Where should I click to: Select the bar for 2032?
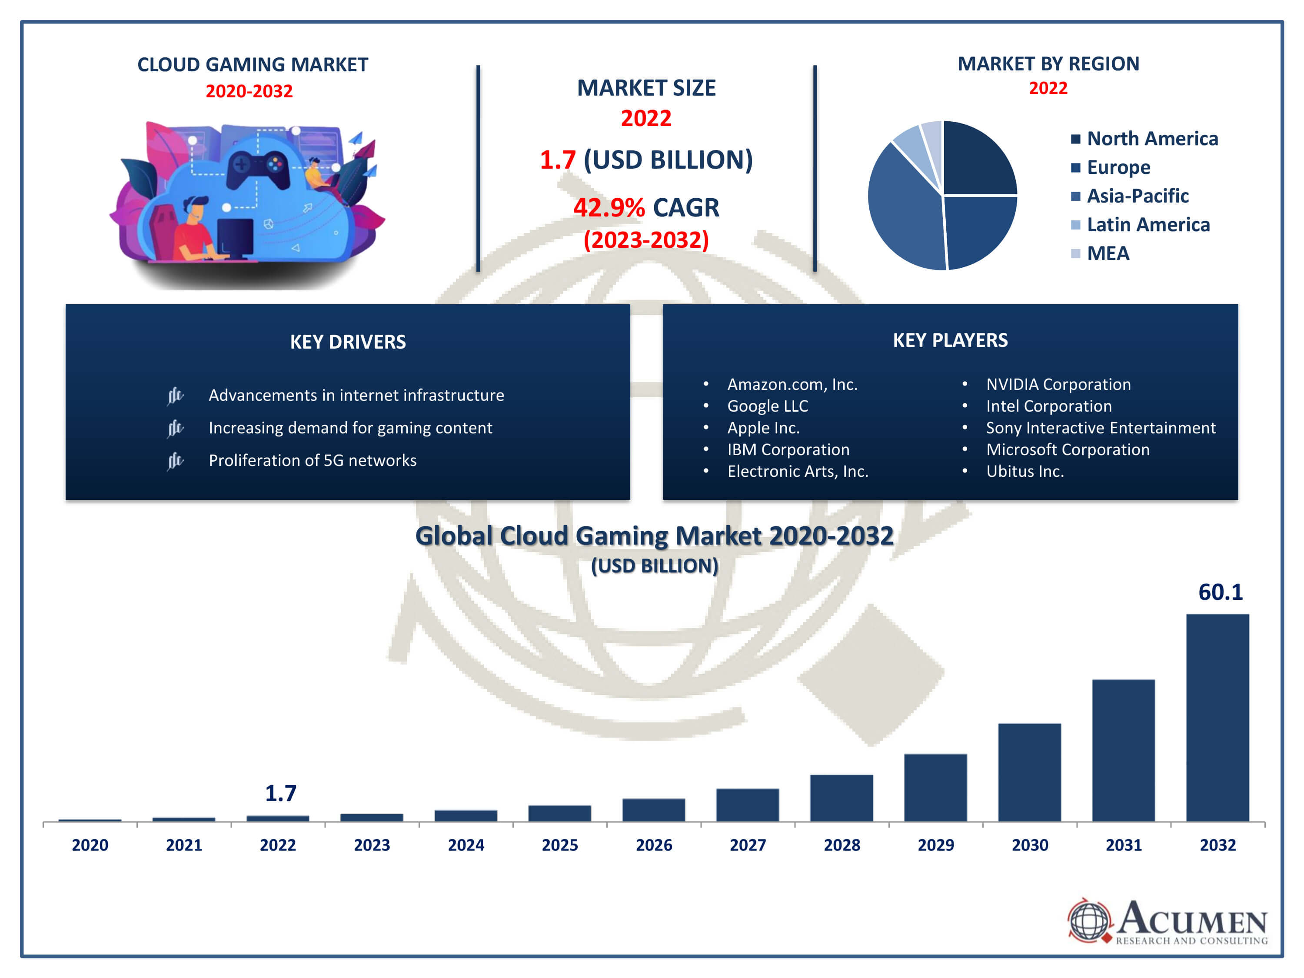click(1218, 718)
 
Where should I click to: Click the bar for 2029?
click(935, 788)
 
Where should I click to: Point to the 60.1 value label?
click(1220, 592)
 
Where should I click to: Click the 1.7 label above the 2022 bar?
click(281, 793)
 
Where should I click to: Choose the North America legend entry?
click(1152, 139)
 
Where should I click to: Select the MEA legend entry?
click(1108, 253)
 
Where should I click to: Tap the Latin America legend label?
click(1148, 225)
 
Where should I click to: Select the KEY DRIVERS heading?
click(348, 342)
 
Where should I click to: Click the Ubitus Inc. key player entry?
click(1025, 472)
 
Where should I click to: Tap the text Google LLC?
click(768, 406)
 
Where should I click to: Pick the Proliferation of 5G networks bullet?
click(313, 460)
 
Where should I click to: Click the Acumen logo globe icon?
click(1089, 920)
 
